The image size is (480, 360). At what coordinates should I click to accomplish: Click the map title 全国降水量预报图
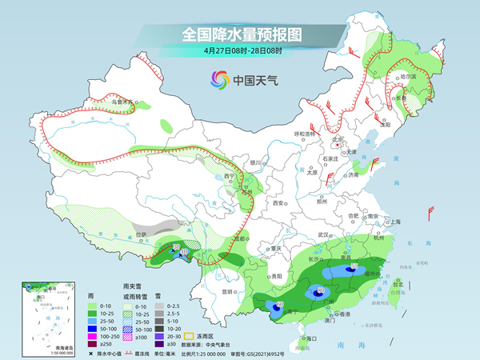coord(240,34)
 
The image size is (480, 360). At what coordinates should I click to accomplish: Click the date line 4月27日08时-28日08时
coord(240,50)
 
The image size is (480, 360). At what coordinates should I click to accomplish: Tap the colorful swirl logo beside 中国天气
coord(218,79)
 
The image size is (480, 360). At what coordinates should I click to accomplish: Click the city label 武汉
coord(324,234)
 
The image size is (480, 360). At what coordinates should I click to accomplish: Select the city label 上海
coord(393,222)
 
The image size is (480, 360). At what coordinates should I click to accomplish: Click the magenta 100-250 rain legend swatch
coord(93,326)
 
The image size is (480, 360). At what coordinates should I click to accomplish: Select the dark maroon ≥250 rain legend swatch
coord(93,334)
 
